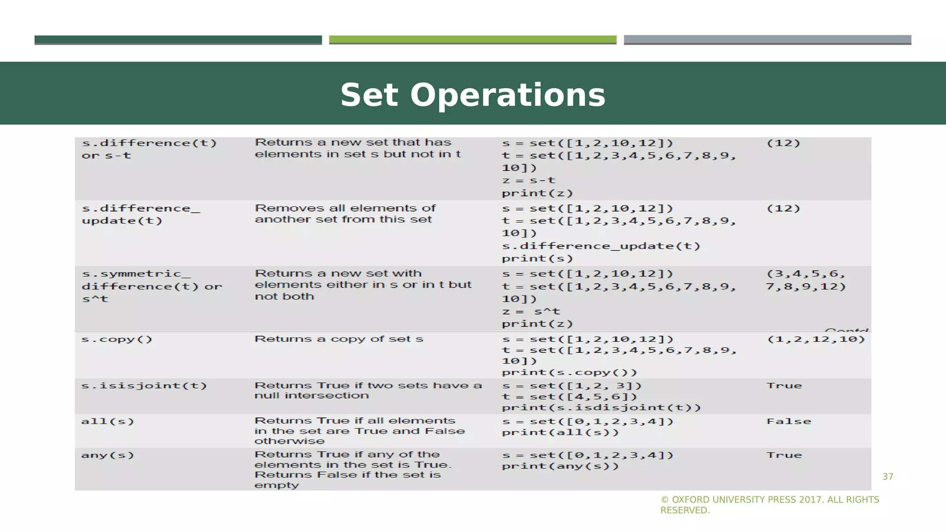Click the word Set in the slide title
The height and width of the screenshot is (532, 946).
[369, 95]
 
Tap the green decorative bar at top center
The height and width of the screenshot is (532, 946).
[473, 40]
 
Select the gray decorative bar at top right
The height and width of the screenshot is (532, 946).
[767, 40]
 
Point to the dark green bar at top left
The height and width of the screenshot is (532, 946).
[178, 40]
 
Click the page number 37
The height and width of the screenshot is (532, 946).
[888, 477]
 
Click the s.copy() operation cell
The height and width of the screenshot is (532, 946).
[117, 339]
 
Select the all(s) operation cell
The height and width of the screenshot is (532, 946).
[108, 421]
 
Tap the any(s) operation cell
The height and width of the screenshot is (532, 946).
[108, 455]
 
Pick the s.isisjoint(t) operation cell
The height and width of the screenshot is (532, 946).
[144, 386]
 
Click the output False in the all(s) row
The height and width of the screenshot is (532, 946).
[788, 421]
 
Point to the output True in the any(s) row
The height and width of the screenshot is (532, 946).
[784, 455]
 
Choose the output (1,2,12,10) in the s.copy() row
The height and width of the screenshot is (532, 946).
[816, 339]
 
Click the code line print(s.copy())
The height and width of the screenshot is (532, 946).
[570, 372]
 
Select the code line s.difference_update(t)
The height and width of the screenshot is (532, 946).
[601, 246]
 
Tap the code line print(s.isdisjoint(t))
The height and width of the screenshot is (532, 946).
[601, 408]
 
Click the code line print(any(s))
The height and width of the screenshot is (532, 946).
[560, 466]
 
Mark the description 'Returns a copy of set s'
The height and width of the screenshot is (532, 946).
[339, 339]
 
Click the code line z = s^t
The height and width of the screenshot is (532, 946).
[531, 312]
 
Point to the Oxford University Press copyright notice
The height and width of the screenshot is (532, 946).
[770, 505]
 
